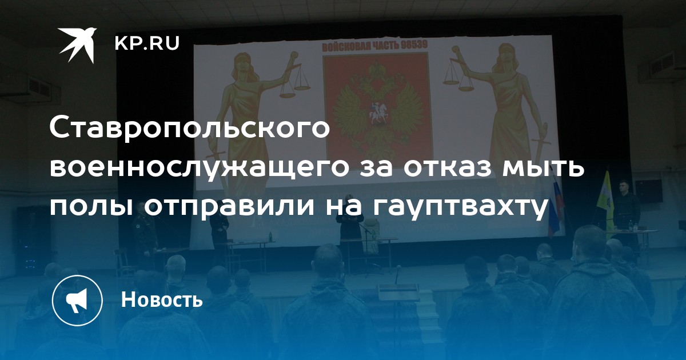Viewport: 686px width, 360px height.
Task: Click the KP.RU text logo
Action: (x=147, y=43)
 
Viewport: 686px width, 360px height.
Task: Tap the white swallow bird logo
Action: (x=77, y=45)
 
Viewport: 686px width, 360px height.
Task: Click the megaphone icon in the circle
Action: (x=77, y=300)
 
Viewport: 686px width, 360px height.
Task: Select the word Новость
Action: (x=162, y=299)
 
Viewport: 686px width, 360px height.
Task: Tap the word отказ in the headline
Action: (x=450, y=168)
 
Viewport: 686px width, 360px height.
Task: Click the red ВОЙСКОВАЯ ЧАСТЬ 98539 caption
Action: (x=374, y=46)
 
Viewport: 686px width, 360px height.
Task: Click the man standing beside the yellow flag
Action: (x=626, y=211)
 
